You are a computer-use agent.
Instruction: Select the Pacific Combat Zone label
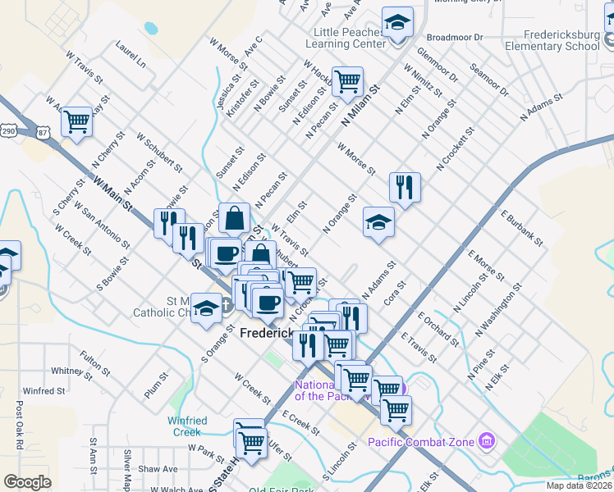pos(421,443)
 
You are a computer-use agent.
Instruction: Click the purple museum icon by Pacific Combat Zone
pos(488,442)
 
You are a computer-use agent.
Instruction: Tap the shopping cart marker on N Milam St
pos(347,81)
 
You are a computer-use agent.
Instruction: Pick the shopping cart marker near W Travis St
pos(76,121)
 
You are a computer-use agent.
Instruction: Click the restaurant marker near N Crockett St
pos(405,187)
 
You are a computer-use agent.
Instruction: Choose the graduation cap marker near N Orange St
pos(378,221)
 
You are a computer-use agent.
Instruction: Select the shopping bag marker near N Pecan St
pos(234,218)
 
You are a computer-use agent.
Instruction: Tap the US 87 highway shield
pos(44,130)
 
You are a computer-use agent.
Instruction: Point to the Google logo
pos(27,481)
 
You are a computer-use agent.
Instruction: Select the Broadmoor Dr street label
pos(454,38)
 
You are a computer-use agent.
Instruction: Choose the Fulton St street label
pos(89,363)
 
